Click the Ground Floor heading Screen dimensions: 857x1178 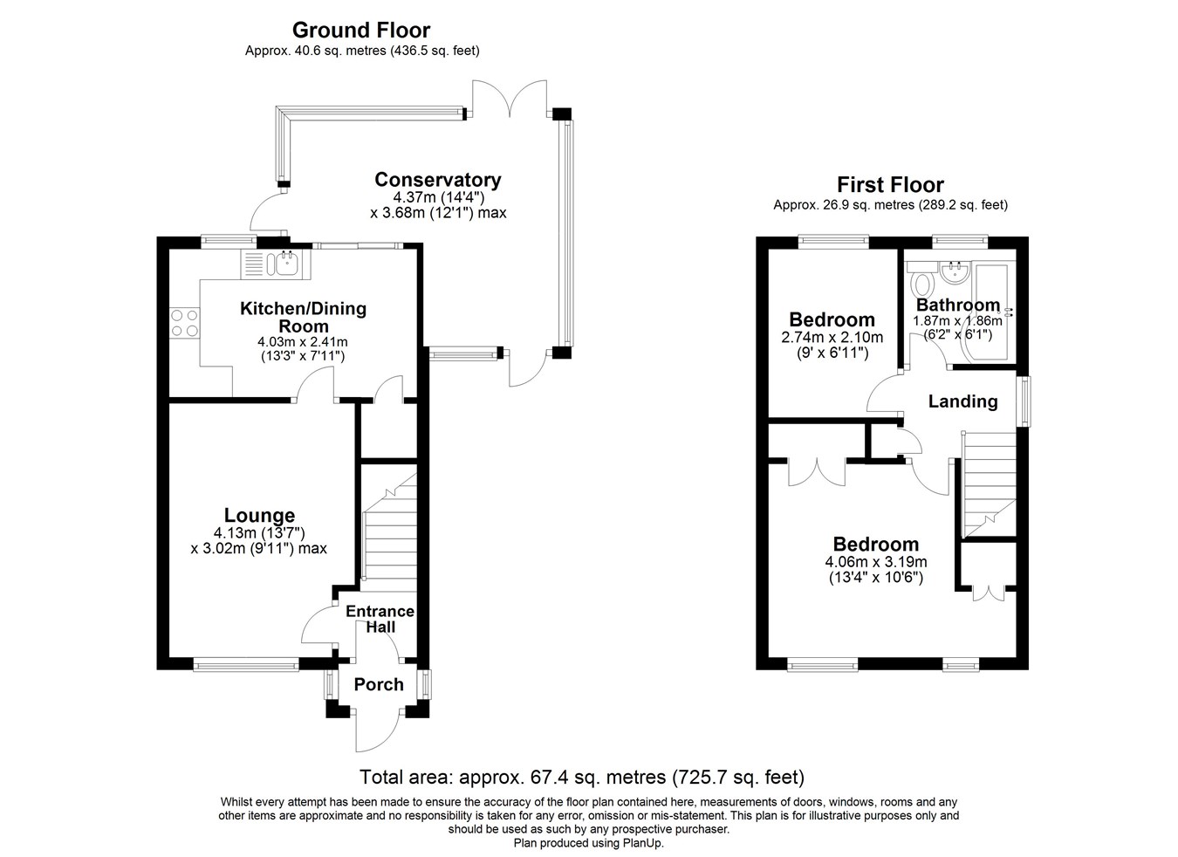[x=361, y=31]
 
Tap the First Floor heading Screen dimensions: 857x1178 [x=890, y=185]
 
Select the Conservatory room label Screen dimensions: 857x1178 [x=437, y=181]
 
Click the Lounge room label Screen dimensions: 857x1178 [x=259, y=516]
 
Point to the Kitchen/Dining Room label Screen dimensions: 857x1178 [x=303, y=317]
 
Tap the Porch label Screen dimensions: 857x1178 [x=379, y=685]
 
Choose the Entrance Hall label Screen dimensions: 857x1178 [x=380, y=619]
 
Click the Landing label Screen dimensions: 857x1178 [x=962, y=401]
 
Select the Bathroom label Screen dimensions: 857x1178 [x=957, y=305]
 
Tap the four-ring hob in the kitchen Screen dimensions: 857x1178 [x=184, y=323]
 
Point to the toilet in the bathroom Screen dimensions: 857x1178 [x=921, y=285]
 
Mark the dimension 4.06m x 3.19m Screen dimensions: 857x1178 [x=875, y=562]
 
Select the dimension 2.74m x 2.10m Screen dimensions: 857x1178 [x=832, y=338]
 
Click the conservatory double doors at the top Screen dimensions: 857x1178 [x=510, y=99]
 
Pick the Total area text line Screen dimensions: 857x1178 [x=582, y=777]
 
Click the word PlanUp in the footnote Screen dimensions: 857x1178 [x=643, y=843]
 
